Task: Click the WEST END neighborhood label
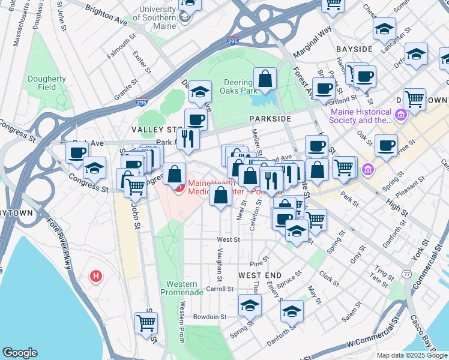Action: click(259, 275)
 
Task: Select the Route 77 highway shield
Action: click(407, 274)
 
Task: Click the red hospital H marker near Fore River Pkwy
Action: click(95, 277)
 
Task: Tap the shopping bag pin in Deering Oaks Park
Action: click(264, 79)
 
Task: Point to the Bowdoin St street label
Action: click(209, 317)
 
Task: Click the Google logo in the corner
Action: click(20, 353)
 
